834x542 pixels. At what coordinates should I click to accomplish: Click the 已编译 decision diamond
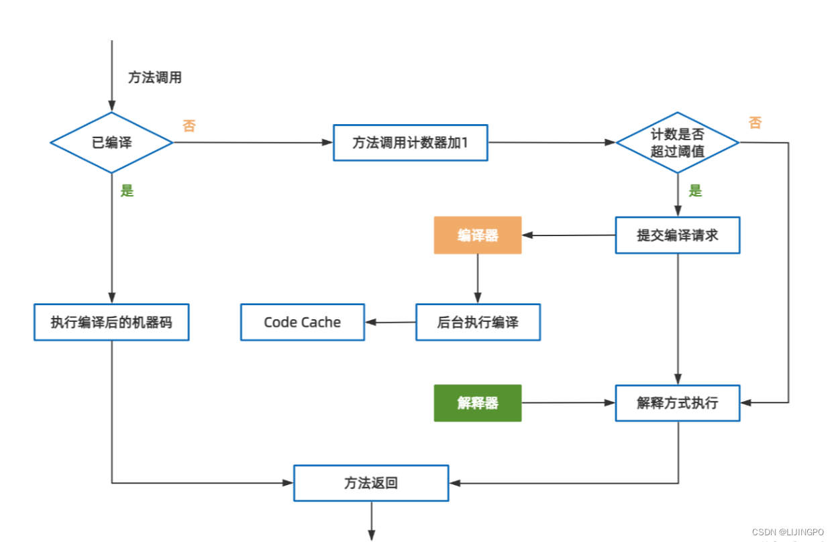(111, 142)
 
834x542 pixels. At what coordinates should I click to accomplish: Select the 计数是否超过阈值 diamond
(677, 142)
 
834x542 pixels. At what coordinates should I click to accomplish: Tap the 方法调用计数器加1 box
(410, 142)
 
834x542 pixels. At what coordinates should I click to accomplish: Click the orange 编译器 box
(477, 235)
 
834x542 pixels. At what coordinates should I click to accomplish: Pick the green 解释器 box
(477, 403)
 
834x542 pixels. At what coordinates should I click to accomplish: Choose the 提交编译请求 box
(677, 235)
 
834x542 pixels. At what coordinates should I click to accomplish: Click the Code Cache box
(302, 322)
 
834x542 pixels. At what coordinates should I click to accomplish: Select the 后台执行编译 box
(477, 322)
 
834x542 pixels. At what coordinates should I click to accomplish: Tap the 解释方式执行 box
(677, 403)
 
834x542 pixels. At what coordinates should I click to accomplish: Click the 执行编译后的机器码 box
(111, 322)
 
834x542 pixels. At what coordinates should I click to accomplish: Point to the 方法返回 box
(371, 483)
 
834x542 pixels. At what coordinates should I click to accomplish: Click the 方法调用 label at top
(154, 78)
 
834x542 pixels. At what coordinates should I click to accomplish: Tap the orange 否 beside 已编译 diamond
(189, 126)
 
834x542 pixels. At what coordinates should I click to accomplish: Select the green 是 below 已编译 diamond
(127, 191)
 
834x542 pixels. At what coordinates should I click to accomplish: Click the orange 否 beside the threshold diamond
(755, 123)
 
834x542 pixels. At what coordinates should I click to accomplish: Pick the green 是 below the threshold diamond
(695, 191)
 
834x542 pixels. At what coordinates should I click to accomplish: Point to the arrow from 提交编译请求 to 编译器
(568, 235)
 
